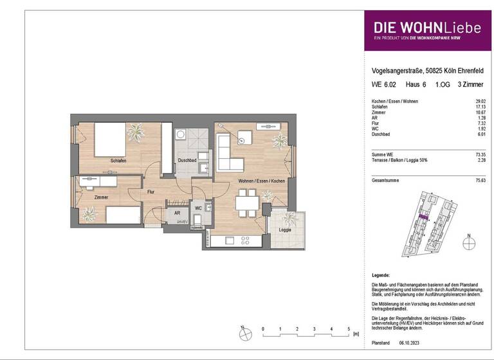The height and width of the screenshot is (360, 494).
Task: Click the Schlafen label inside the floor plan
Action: click(118, 160)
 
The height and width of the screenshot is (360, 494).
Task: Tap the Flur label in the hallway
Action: click(150, 191)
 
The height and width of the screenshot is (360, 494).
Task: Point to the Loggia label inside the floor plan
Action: click(284, 230)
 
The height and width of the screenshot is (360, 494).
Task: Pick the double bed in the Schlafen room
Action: click(113, 138)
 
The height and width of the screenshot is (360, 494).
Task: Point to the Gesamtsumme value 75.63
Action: click(479, 181)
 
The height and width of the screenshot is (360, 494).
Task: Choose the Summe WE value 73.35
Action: click(479, 155)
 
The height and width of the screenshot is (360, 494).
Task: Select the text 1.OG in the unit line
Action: click(443, 84)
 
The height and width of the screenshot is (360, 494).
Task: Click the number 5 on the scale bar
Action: click(348, 328)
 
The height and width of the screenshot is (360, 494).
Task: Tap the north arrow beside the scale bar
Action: click(243, 333)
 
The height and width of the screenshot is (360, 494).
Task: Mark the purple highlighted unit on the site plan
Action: click(423, 217)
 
